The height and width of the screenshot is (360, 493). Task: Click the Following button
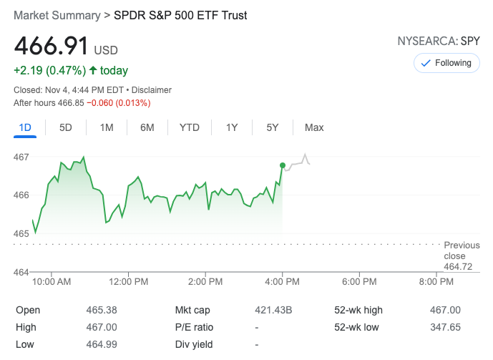pos(446,63)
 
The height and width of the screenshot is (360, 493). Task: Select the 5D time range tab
pos(66,127)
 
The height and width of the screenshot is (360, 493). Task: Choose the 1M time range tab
pos(107,127)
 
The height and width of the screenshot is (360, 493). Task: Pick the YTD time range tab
pos(189,127)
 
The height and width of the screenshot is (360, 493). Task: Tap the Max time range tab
pos(314,127)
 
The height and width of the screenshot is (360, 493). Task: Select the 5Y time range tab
pos(273,127)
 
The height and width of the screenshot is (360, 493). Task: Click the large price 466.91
pos(52,47)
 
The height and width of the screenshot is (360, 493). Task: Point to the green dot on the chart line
pos(283,165)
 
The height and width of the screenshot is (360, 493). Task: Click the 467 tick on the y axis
pos(21,157)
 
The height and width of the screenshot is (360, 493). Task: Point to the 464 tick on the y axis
pos(21,272)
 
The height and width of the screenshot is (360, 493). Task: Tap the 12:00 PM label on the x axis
pos(129,282)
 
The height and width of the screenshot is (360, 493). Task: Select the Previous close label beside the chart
pos(462,250)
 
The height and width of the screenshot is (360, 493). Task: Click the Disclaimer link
pos(152,90)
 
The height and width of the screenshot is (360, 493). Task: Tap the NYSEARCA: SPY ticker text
pos(438,41)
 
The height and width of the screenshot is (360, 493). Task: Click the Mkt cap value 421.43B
pos(273,310)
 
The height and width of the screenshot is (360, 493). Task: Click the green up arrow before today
pos(93,71)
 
